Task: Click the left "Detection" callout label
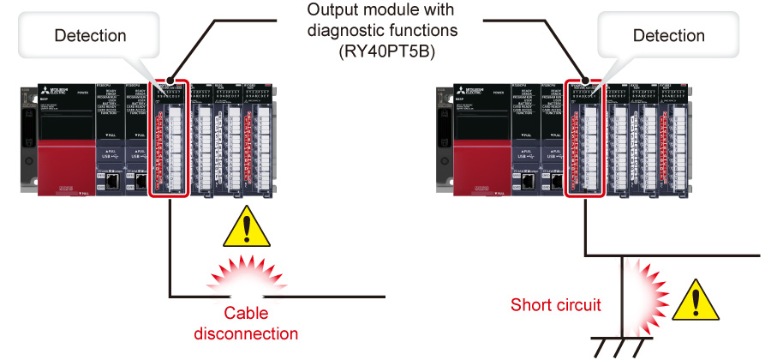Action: tap(90, 35)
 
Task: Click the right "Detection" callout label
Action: tap(668, 35)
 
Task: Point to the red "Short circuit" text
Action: tap(555, 304)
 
